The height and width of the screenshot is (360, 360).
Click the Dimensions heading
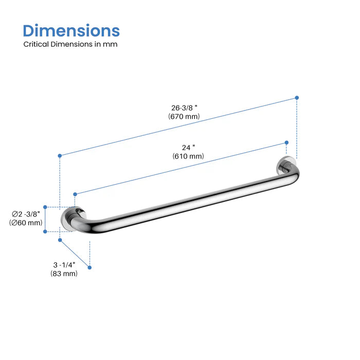[x=71, y=30]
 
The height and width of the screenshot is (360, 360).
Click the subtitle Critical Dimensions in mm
[x=70, y=44]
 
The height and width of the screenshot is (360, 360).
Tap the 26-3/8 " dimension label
[x=184, y=108]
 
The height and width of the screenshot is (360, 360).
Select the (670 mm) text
[x=184, y=117]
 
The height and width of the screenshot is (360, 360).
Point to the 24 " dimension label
[x=189, y=147]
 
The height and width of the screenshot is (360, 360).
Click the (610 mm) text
[x=189, y=156]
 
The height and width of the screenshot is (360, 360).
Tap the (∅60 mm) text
[x=26, y=223]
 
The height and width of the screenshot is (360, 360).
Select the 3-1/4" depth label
[x=64, y=264]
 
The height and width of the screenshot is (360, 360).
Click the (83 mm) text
[x=64, y=274]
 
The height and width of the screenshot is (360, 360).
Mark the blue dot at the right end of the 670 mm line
[x=297, y=97]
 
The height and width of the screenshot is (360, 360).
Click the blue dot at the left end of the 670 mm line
[x=60, y=155]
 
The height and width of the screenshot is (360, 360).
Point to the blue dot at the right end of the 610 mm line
[x=286, y=143]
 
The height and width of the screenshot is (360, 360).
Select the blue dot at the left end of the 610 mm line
[x=75, y=194]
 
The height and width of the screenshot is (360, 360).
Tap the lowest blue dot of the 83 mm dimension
[x=90, y=267]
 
